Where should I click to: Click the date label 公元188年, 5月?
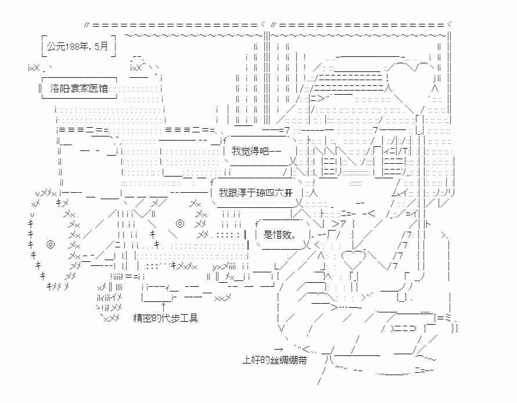coord(77,46)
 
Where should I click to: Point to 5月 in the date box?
coord(101,46)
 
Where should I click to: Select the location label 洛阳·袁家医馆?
coord(79,88)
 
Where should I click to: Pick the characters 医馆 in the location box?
coord(99,88)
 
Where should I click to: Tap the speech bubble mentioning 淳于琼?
coord(256,192)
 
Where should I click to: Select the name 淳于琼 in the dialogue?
coord(251,192)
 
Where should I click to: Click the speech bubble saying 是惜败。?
coord(282,234)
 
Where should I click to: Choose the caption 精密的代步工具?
coord(166,318)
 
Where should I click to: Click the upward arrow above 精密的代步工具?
coord(163,307)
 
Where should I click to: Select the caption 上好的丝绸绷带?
coord(274,360)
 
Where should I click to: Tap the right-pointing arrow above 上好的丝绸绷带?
coord(279,349)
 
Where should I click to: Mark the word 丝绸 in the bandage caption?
coord(279,360)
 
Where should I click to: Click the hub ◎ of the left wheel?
coord(51,244)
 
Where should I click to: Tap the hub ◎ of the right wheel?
coord(179,224)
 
